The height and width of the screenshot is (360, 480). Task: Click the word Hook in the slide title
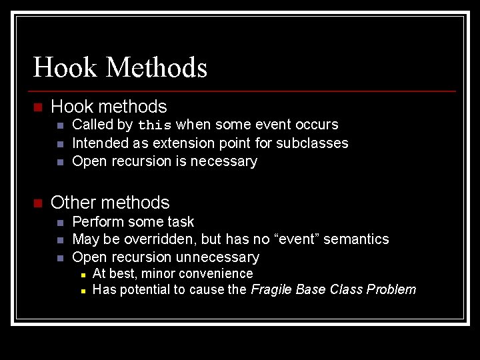tap(65, 67)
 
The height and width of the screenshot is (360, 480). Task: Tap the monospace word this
tap(155, 125)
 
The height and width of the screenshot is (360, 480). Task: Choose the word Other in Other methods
tap(73, 203)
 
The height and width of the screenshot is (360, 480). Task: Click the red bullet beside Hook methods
tap(37, 107)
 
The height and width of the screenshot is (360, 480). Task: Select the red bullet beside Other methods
tap(37, 203)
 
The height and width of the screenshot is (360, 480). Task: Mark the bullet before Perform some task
tap(60, 222)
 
